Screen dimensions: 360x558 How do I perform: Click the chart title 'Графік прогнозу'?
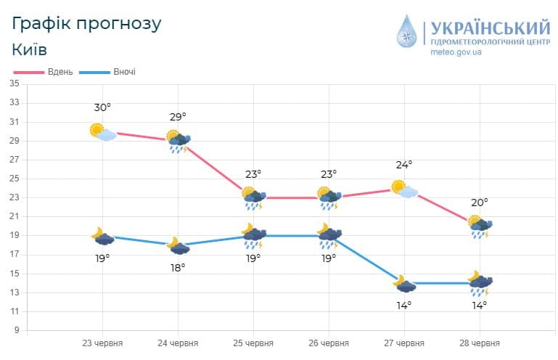click(x=86, y=23)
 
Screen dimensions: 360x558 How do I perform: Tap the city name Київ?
click(x=30, y=49)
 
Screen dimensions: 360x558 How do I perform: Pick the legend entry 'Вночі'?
click(x=123, y=72)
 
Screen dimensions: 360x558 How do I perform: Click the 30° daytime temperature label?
click(x=102, y=108)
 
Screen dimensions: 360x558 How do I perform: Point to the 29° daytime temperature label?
click(x=178, y=116)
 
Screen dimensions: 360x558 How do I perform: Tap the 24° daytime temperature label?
click(x=403, y=165)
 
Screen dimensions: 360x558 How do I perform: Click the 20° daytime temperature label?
click(x=480, y=202)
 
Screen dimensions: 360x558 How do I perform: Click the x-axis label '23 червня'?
click(x=102, y=343)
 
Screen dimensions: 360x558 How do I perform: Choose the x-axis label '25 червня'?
click(x=253, y=343)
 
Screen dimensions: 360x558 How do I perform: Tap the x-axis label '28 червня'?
click(x=480, y=343)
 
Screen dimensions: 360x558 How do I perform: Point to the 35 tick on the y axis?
click(x=15, y=83)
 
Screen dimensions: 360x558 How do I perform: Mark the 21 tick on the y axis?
click(x=15, y=216)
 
